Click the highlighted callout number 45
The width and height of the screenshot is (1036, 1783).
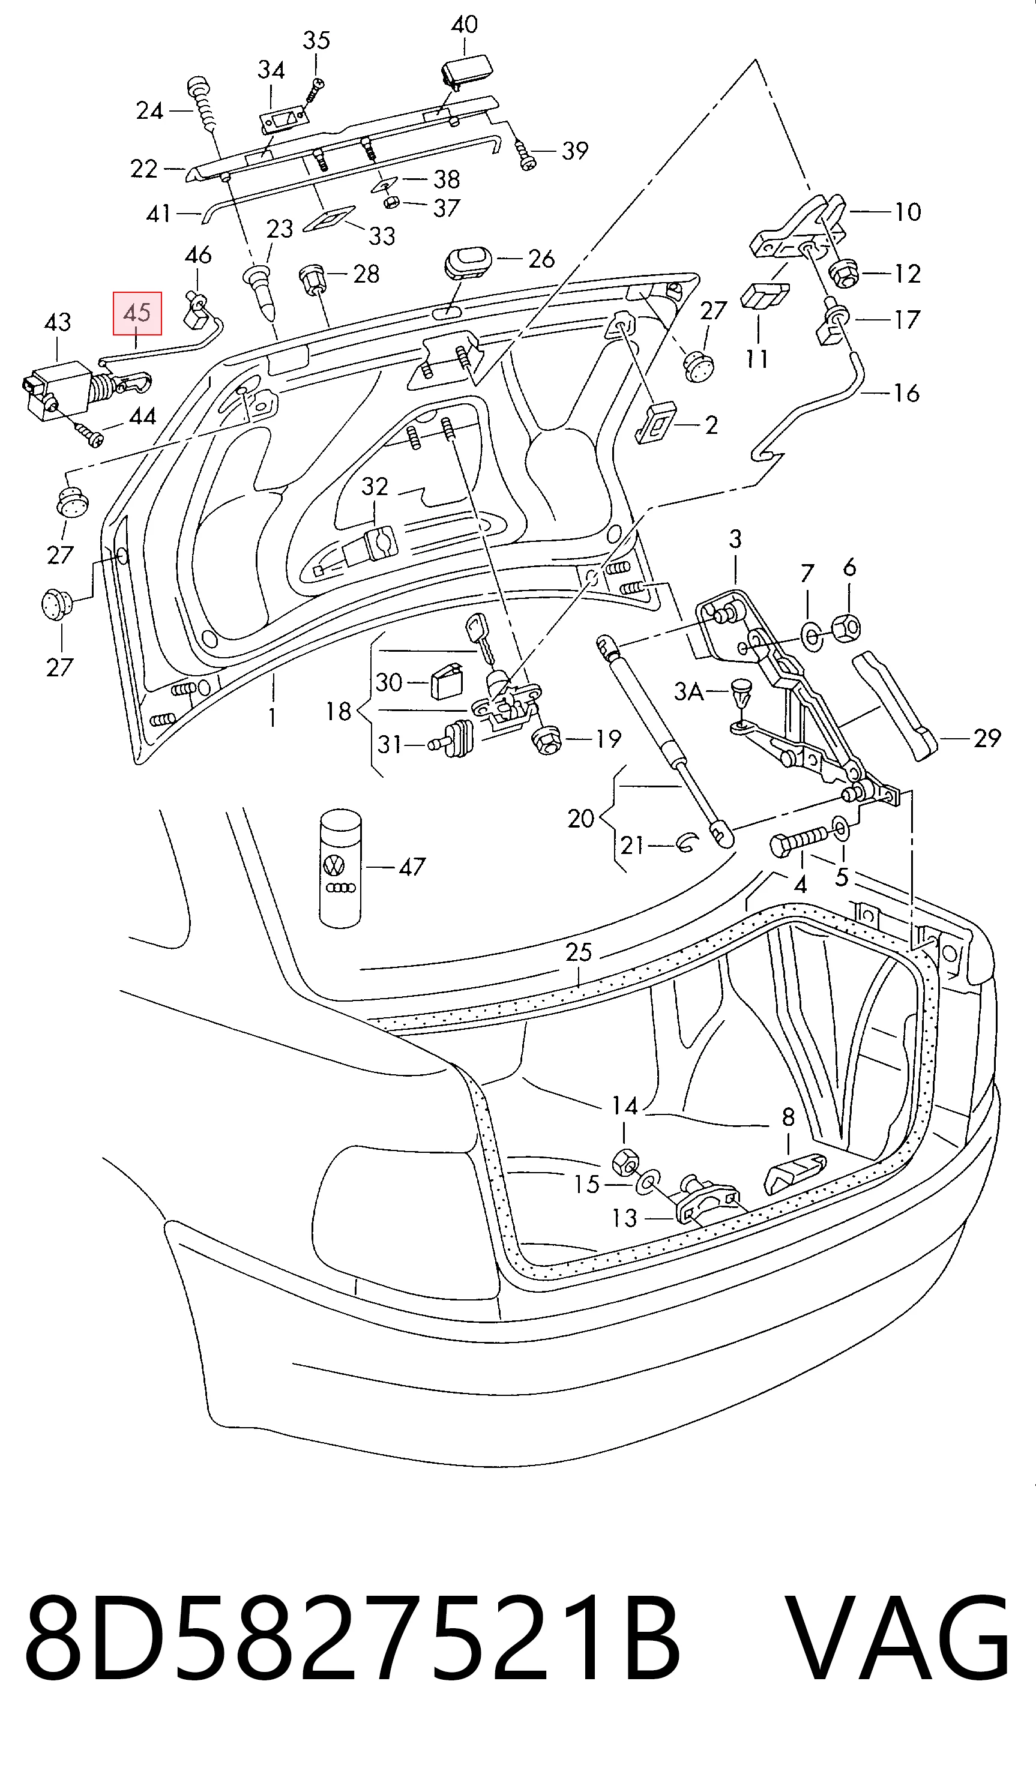click(x=137, y=313)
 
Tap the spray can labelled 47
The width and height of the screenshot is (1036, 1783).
click(x=340, y=868)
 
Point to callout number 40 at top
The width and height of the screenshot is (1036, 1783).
click(x=464, y=25)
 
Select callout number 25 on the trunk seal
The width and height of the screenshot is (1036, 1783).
click(x=578, y=952)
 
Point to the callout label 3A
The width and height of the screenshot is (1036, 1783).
click(x=688, y=691)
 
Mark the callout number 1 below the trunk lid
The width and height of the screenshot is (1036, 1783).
click(x=273, y=718)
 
